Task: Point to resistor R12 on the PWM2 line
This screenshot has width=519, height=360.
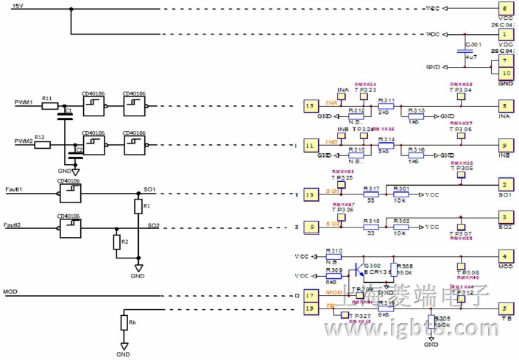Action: tap(42, 145)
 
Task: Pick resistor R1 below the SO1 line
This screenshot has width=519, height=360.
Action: tap(137, 207)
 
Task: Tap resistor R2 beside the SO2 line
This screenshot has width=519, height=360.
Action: tap(116, 242)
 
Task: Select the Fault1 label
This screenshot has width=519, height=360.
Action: tap(14, 190)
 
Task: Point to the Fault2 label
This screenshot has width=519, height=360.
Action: tap(14, 225)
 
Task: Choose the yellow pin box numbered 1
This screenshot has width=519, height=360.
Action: tap(505, 34)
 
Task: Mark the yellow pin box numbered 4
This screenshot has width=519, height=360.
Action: tap(505, 256)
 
